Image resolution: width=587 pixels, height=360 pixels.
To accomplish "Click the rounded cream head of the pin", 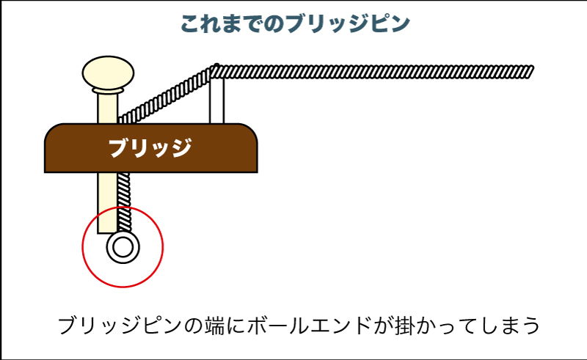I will tap(107, 72).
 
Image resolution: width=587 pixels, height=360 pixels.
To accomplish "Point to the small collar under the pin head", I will tap(107, 91).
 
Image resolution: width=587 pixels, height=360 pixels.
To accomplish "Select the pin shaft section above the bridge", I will tap(107, 109).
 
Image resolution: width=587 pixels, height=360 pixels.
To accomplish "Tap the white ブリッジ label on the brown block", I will tap(150, 149).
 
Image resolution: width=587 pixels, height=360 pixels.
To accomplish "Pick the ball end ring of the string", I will tap(123, 247).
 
